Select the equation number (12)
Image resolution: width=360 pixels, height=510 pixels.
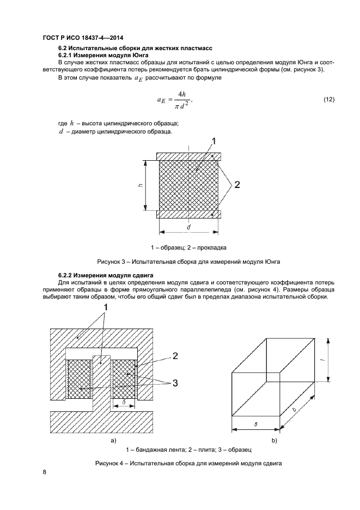(x=328, y=100)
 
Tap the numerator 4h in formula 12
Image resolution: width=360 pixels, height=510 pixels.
(x=181, y=94)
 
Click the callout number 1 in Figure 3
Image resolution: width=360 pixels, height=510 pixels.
(x=214, y=141)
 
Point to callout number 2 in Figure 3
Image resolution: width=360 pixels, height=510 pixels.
(x=237, y=184)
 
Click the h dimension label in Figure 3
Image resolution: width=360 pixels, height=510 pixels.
(x=141, y=185)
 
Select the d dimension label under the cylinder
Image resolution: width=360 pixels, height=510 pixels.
(x=188, y=227)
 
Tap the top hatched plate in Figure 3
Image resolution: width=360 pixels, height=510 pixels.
(x=188, y=156)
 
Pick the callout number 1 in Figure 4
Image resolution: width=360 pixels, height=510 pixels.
(x=106, y=308)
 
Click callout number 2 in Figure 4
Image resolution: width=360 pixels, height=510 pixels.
(x=175, y=356)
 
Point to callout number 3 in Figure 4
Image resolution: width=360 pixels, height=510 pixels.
(x=175, y=383)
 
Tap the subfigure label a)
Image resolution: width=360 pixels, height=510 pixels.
(x=113, y=441)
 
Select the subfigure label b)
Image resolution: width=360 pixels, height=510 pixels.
(x=274, y=441)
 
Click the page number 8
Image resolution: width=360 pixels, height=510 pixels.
(x=45, y=472)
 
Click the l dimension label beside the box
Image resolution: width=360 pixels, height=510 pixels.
(x=326, y=360)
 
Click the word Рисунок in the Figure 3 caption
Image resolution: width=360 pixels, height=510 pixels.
(x=108, y=262)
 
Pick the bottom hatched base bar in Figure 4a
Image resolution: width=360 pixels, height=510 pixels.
(x=102, y=422)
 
